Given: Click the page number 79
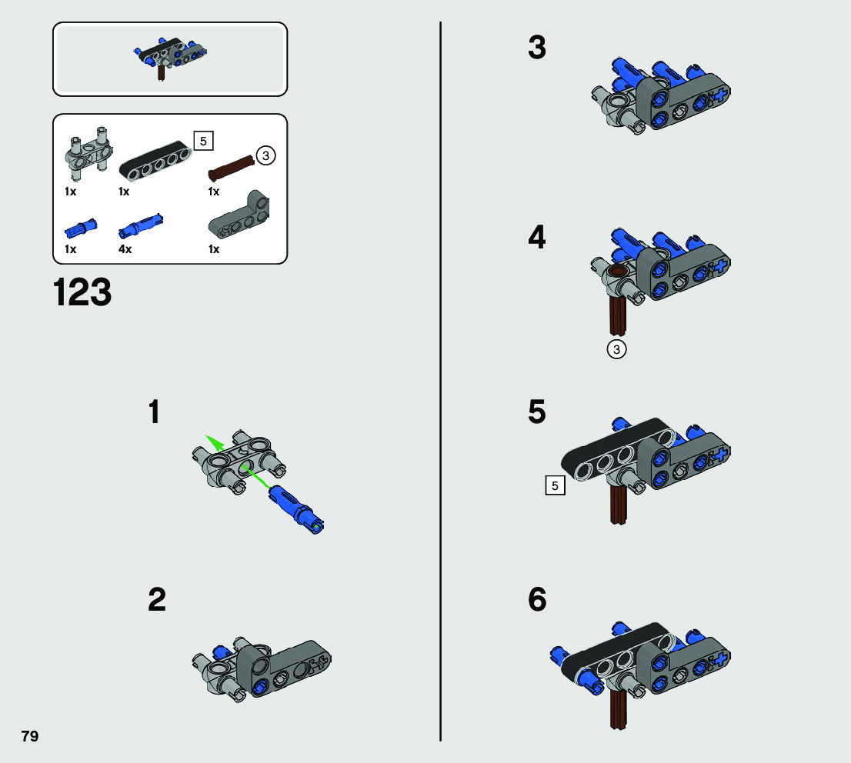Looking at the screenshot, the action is tap(30, 736).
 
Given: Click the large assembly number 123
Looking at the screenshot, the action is tap(82, 292).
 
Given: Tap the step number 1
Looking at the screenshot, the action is tap(155, 411).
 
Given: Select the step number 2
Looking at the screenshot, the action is tap(157, 600).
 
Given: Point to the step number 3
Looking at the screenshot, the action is tap(537, 47).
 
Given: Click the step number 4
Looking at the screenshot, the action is tap(537, 237).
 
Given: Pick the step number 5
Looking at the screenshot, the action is tap(537, 411).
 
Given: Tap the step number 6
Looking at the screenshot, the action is tap(537, 600).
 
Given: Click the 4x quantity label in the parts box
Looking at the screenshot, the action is tap(125, 249).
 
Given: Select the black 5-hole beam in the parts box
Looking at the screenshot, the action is tap(155, 162).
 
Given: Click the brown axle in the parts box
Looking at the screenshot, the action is tap(231, 168).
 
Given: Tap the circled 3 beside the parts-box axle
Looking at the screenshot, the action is tap(265, 155).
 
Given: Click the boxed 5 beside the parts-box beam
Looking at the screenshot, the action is tap(204, 141).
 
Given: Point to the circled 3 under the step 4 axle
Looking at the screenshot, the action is tap(616, 349).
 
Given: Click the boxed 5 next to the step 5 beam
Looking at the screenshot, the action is tap(555, 485).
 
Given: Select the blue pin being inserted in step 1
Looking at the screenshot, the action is tap(296, 508).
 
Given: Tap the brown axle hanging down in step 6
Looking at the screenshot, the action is tap(618, 710).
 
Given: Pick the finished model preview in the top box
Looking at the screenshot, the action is tap(169, 58).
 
